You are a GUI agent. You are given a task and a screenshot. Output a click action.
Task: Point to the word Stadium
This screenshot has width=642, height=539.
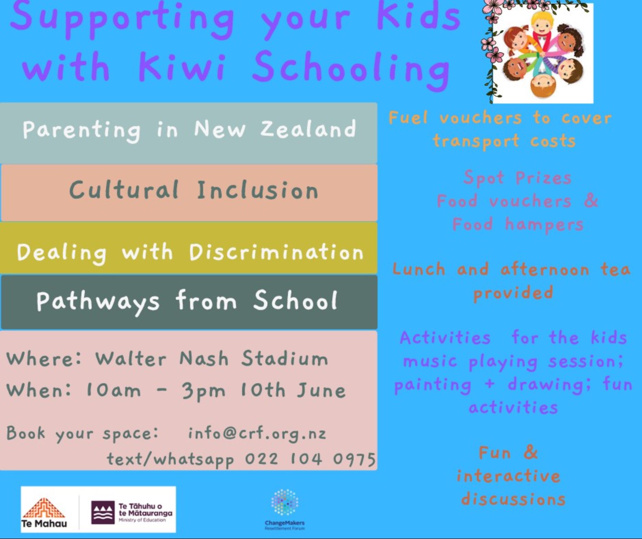coord(285,358)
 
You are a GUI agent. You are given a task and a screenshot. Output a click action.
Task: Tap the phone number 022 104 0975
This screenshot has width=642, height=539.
coord(310,459)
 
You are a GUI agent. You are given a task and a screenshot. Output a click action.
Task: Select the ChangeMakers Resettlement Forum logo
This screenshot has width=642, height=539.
coord(285,508)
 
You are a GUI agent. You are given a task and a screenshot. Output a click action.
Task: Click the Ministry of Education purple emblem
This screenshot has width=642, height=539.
coord(103,513)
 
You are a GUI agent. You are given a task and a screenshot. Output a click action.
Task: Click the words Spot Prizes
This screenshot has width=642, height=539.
coord(518,177)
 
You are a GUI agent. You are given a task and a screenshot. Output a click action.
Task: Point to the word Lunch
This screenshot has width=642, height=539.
coord(419,269)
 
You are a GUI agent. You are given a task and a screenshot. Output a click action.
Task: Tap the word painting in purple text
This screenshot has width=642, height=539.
coord(433,385)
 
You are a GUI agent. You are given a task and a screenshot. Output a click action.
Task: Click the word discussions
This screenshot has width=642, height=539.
coord(513,499)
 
